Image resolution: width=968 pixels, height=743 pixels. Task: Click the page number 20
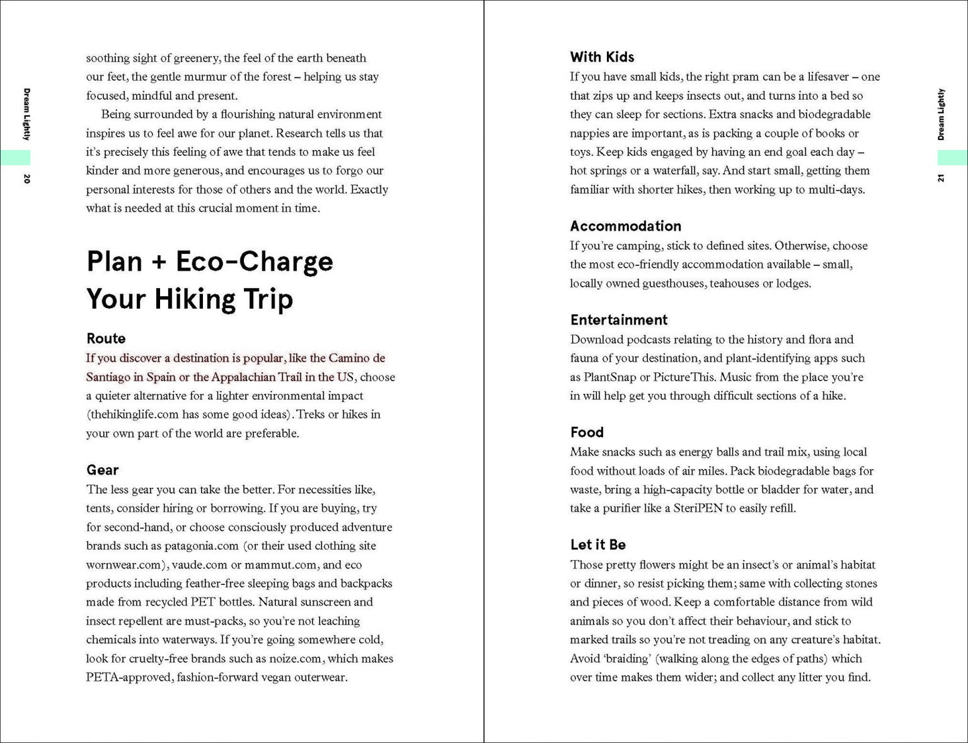tap(27, 179)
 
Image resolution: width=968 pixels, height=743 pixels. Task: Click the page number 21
tap(941, 178)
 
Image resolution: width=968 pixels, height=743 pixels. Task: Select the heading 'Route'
tap(106, 338)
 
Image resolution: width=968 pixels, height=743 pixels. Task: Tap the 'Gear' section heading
tap(102, 470)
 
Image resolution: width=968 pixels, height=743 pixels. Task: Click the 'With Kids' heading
tap(602, 57)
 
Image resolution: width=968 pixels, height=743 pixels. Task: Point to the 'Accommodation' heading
tap(626, 226)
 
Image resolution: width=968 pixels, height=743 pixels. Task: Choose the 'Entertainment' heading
tap(619, 320)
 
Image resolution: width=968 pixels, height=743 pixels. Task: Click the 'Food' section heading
tap(587, 432)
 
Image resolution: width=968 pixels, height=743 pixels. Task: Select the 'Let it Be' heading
tap(598, 545)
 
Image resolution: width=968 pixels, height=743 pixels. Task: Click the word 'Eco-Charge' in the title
tap(254, 261)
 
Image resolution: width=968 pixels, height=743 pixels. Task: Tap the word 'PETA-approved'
tap(128, 677)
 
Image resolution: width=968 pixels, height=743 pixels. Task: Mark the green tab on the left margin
tap(15, 157)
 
